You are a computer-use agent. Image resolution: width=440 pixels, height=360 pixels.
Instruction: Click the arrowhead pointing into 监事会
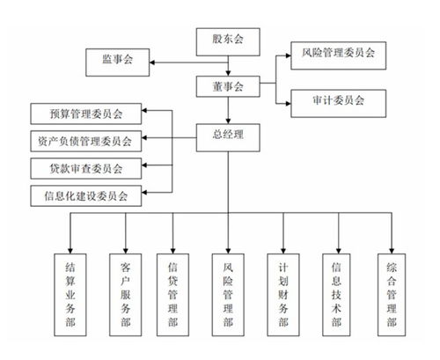coord(151,62)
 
